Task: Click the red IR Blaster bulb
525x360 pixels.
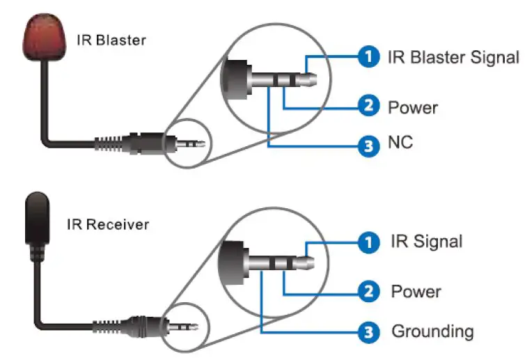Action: pyautogui.click(x=44, y=37)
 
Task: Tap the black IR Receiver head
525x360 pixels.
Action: pyautogui.click(x=37, y=219)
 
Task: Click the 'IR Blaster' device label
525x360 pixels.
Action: pyautogui.click(x=111, y=40)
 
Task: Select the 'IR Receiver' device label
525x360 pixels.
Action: pyautogui.click(x=108, y=224)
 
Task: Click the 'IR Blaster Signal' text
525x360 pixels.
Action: pyautogui.click(x=453, y=57)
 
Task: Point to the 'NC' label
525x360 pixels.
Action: pyautogui.click(x=400, y=142)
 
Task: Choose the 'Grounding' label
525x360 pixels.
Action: pyautogui.click(x=432, y=331)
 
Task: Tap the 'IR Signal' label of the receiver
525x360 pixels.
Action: pyautogui.click(x=427, y=242)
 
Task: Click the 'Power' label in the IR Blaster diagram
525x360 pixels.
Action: pyautogui.click(x=413, y=108)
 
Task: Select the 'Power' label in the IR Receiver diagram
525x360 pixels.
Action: pyautogui.click(x=416, y=291)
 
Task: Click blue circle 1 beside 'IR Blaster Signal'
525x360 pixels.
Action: pyautogui.click(x=368, y=56)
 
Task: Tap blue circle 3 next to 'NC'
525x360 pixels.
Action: pyautogui.click(x=368, y=146)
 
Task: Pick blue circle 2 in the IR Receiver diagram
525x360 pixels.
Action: pyautogui.click(x=368, y=291)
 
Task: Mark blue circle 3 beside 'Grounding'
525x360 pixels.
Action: pyautogui.click(x=368, y=333)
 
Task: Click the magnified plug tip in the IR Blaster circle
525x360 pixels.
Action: pyautogui.click(x=306, y=79)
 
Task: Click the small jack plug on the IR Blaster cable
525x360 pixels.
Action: pyautogui.click(x=190, y=144)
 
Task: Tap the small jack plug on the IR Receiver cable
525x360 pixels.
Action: pyautogui.click(x=183, y=326)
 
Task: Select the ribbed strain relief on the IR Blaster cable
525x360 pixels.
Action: pyautogui.click(x=108, y=143)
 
